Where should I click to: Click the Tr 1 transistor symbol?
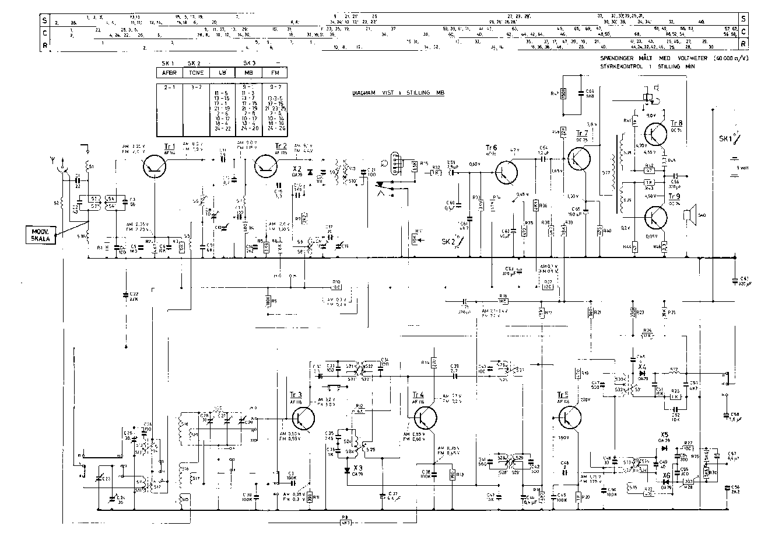[x=155, y=167]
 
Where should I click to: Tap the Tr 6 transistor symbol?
[x=506, y=172]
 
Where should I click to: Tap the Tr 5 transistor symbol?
[x=569, y=416]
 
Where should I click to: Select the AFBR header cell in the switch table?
[x=169, y=73]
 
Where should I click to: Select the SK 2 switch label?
[x=449, y=241]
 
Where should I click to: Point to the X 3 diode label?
[x=358, y=468]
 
